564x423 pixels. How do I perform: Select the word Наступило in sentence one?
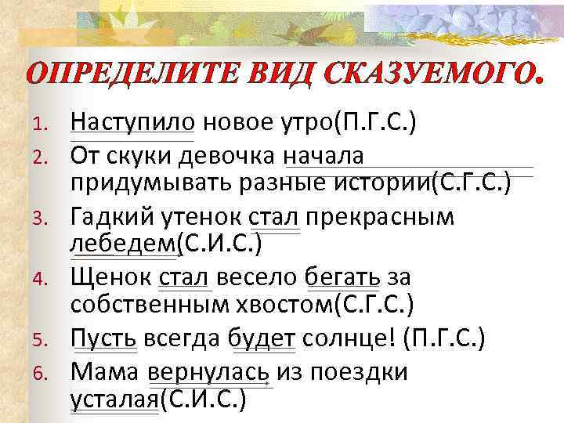(132, 124)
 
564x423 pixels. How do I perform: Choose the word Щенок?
(110, 277)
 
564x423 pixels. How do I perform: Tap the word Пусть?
(103, 338)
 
